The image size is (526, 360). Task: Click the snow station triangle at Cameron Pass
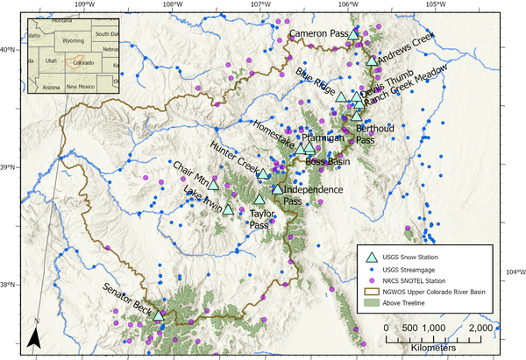[354, 34]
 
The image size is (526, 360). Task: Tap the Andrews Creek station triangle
[373, 60]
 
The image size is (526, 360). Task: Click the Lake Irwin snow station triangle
[228, 209]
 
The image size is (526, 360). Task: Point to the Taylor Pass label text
[259, 219]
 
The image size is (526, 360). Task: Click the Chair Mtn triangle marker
[213, 184]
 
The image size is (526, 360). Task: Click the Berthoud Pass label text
[374, 134]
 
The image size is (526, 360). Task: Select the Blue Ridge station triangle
[341, 96]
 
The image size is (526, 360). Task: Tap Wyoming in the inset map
[73, 40]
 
